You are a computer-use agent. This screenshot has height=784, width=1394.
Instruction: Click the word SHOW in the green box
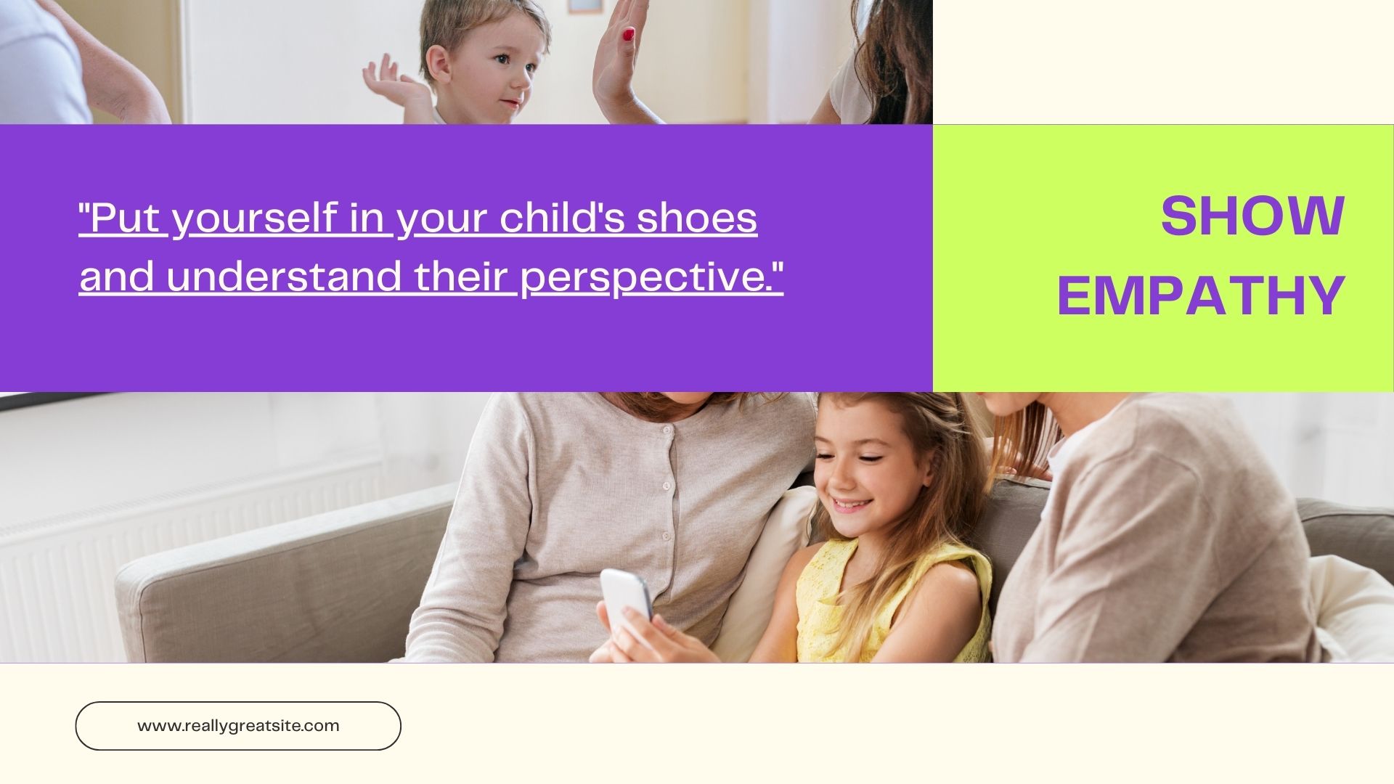1252,216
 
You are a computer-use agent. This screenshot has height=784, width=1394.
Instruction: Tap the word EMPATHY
1201,295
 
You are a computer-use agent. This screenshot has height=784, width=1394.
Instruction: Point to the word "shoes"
697,218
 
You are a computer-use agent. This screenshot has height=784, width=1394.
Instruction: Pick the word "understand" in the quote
284,277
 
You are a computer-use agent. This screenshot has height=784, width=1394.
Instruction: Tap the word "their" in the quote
460,277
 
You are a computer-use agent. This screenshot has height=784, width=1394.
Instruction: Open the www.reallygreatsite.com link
238,726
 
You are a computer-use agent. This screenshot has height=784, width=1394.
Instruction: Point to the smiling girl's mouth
852,504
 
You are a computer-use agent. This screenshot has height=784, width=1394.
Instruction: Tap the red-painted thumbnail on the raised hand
628,34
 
